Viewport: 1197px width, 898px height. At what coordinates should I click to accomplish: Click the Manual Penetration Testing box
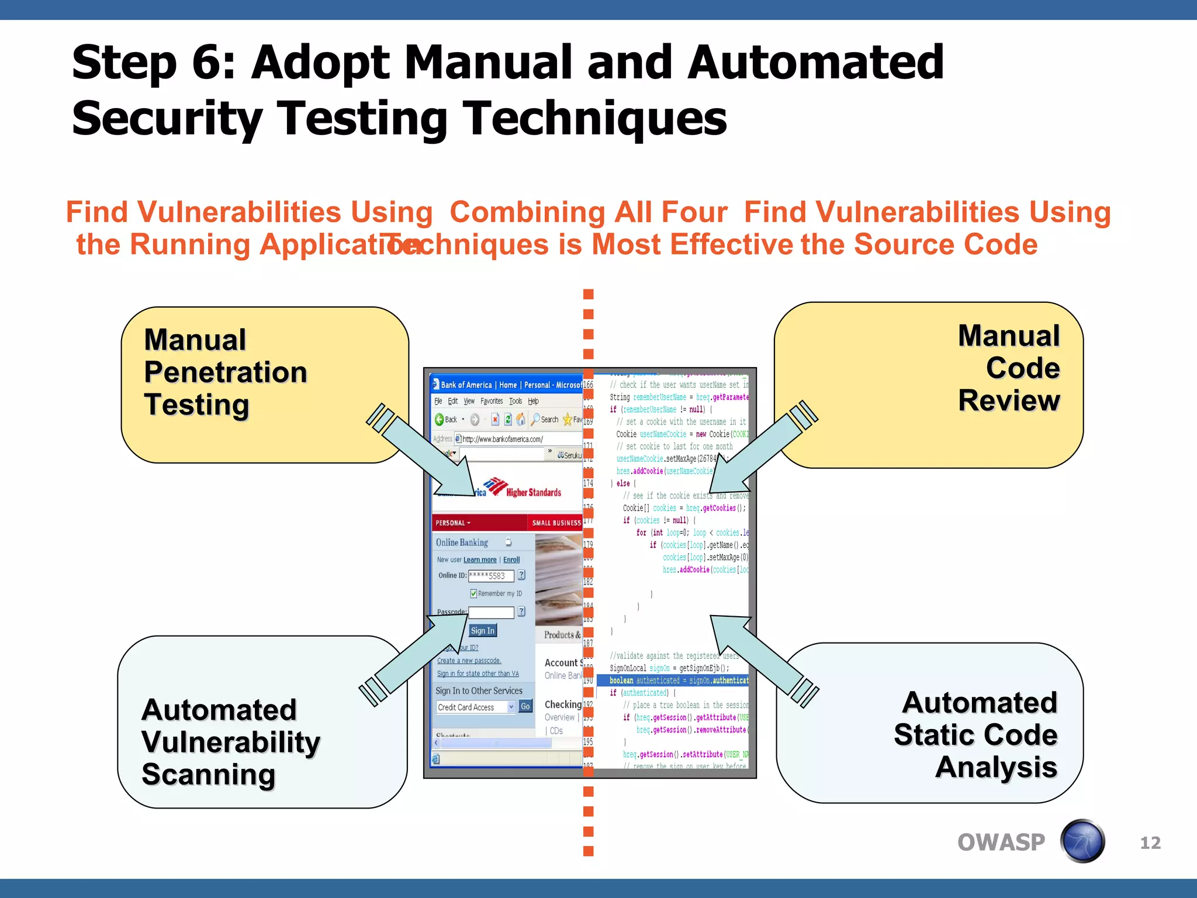pyautogui.click(x=264, y=385)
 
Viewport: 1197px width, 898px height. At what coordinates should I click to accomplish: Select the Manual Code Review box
pyautogui.click(x=928, y=385)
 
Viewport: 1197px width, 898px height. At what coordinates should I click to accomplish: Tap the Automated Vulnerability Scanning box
pyautogui.click(x=262, y=723)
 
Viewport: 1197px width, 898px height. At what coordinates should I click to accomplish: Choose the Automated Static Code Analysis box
pyautogui.click(x=929, y=724)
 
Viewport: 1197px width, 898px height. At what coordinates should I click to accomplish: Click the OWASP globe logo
pyautogui.click(x=1082, y=841)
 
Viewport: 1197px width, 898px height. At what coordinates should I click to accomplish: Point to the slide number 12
pyautogui.click(x=1150, y=842)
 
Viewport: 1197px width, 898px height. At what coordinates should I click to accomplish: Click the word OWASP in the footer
pyautogui.click(x=1001, y=842)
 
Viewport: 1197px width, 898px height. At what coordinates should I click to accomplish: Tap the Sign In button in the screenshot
pyautogui.click(x=483, y=630)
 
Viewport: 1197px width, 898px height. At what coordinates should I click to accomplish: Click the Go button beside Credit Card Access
pyautogui.click(x=525, y=706)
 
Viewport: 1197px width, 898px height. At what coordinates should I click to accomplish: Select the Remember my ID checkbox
pyautogui.click(x=473, y=593)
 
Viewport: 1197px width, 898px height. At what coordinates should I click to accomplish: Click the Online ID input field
pyautogui.click(x=491, y=576)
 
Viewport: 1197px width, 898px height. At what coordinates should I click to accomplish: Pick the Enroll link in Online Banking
pyautogui.click(x=511, y=559)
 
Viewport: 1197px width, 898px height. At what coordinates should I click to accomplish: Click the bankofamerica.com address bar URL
pyautogui.click(x=503, y=439)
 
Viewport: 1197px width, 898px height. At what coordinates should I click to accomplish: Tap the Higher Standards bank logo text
pyautogui.click(x=533, y=492)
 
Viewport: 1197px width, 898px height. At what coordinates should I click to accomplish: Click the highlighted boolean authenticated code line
pyautogui.click(x=678, y=681)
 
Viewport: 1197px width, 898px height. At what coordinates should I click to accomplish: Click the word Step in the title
pyautogui.click(x=124, y=63)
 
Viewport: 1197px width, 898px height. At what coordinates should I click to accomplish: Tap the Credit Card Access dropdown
pyautogui.click(x=476, y=707)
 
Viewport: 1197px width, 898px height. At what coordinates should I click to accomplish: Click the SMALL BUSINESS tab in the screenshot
pyautogui.click(x=556, y=523)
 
